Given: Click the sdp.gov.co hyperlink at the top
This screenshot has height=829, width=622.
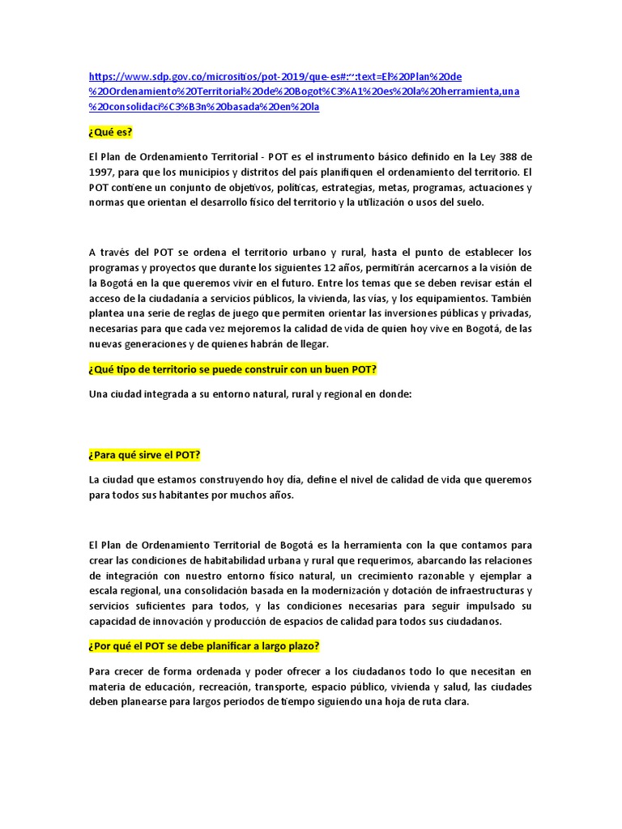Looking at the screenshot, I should coord(304,91).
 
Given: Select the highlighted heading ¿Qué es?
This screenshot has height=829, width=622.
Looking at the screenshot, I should coord(110,132).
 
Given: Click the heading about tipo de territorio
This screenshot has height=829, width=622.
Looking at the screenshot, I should coord(233,369).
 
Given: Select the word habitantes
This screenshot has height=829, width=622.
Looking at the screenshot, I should coord(182,495).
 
